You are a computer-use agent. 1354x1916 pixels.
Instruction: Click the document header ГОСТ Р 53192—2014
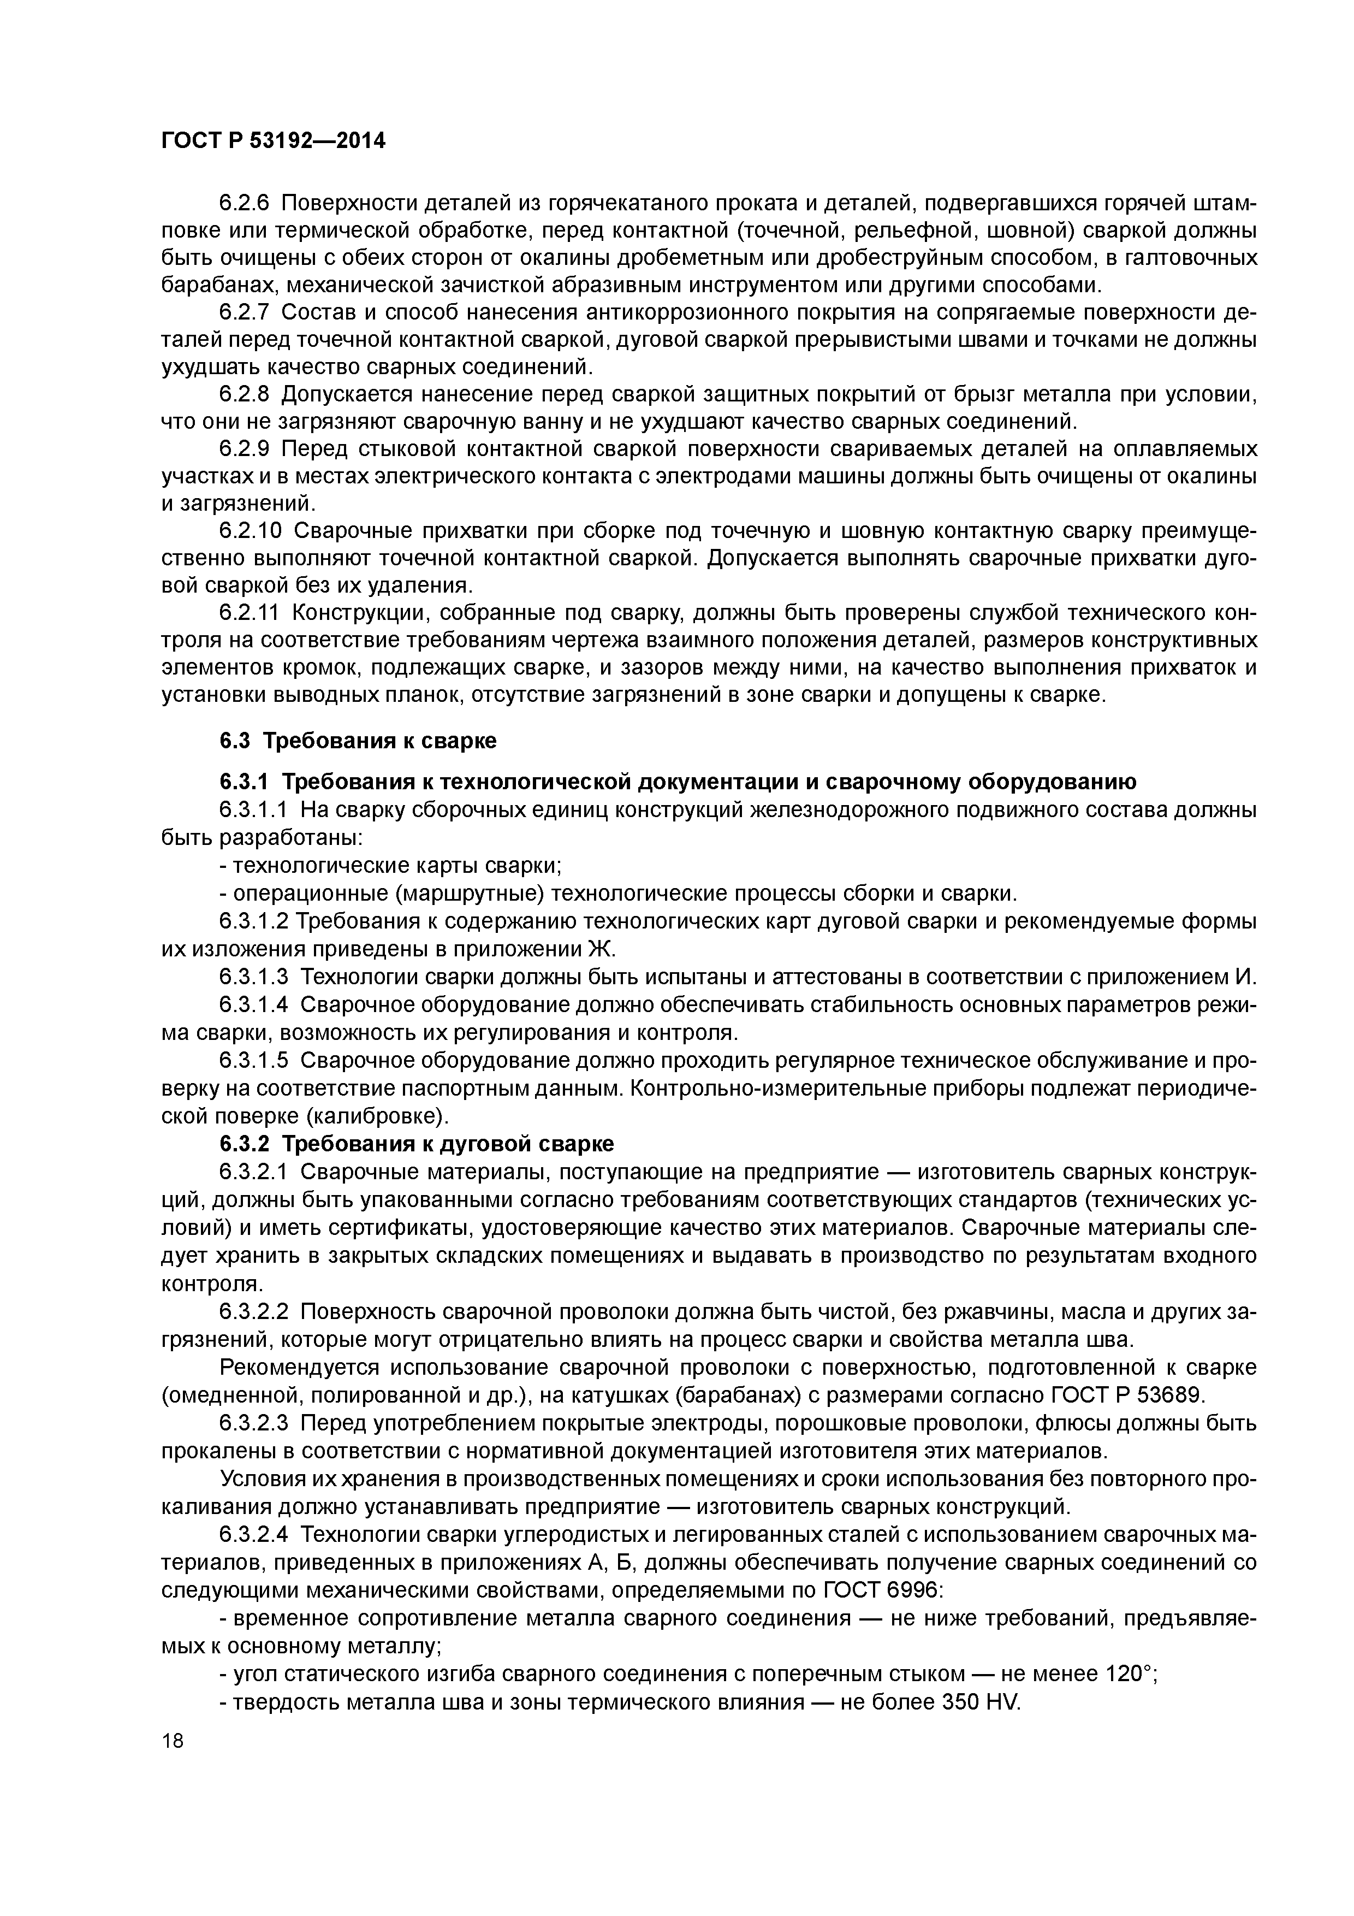point(273,141)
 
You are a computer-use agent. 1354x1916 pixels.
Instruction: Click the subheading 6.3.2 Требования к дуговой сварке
point(416,1143)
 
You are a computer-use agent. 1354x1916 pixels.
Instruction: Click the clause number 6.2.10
point(251,531)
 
